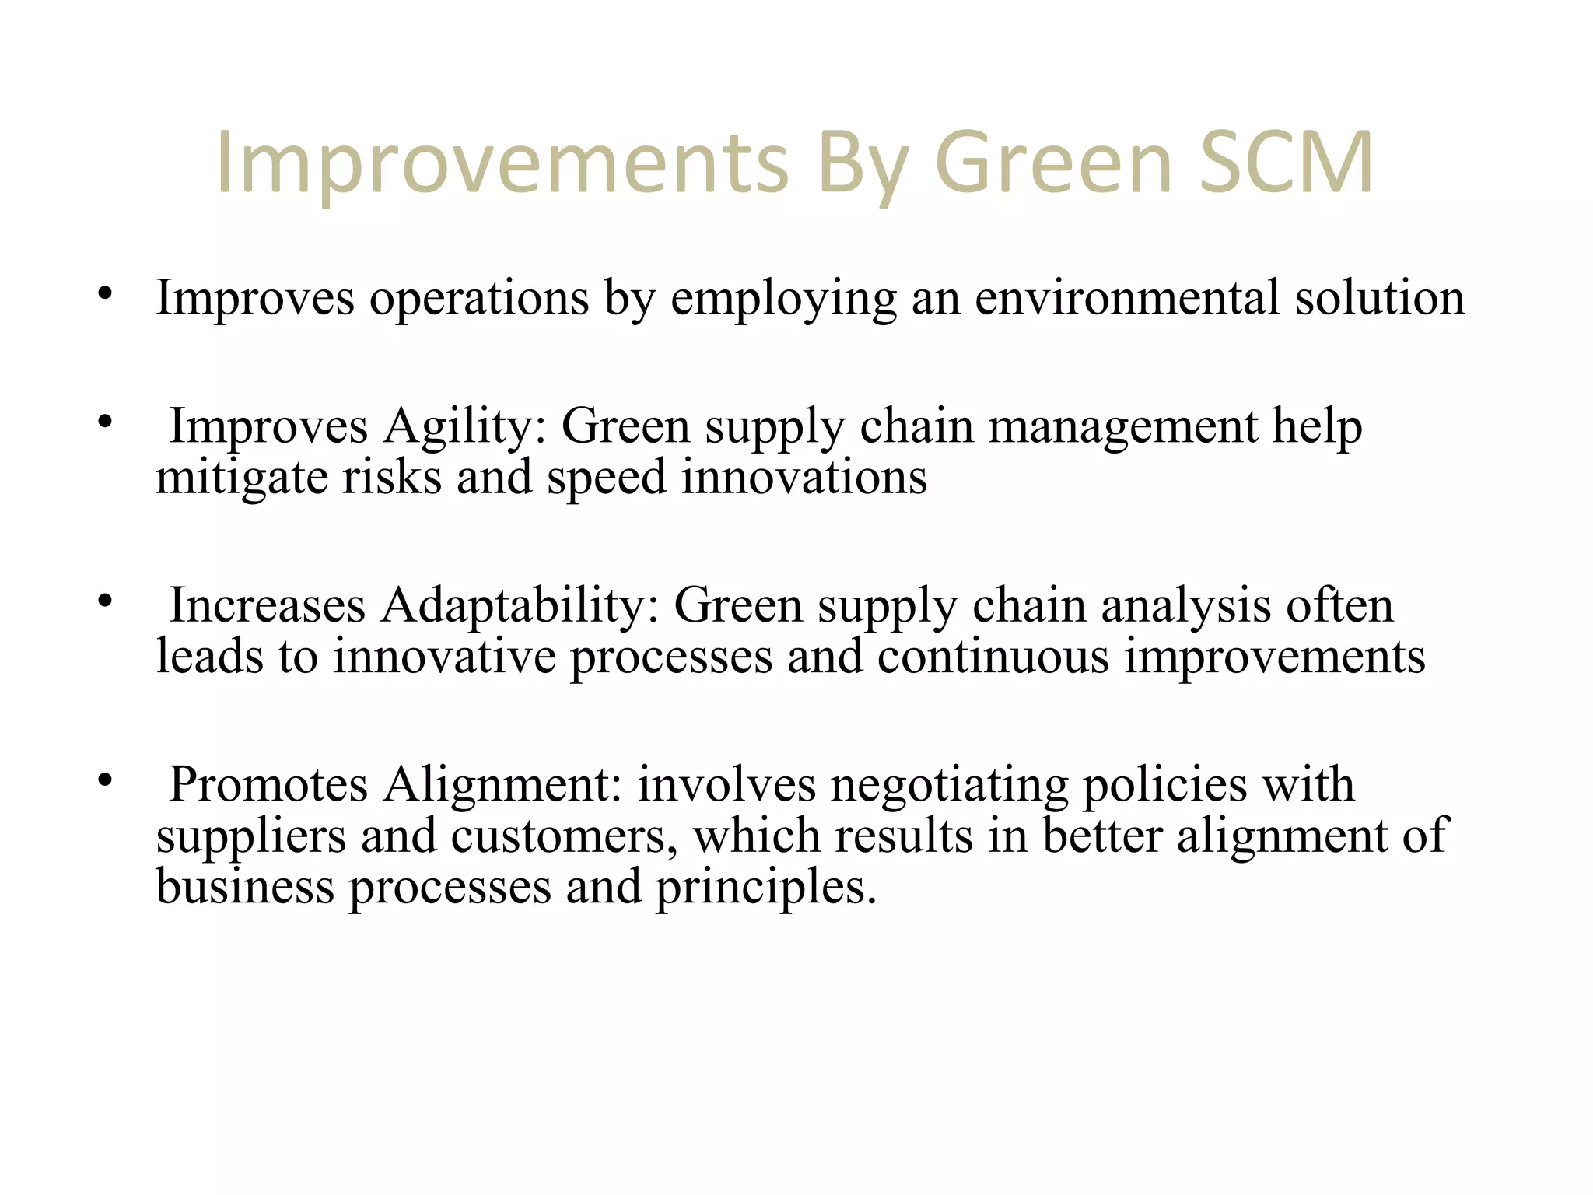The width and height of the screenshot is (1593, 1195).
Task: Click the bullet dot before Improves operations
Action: point(106,294)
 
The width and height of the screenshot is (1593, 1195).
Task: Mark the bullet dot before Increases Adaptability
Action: point(106,601)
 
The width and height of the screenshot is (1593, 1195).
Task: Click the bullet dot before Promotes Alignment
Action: point(106,780)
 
